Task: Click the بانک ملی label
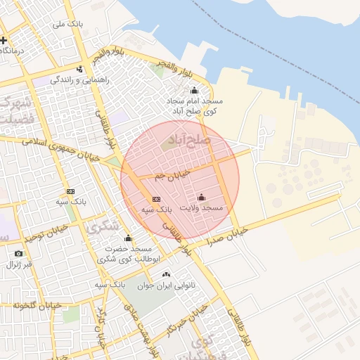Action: (x=69, y=24)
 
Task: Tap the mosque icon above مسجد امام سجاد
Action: (x=195, y=91)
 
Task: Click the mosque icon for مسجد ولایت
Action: (x=202, y=197)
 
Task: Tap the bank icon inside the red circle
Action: (x=156, y=199)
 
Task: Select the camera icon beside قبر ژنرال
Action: (x=18, y=253)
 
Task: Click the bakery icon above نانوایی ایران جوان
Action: (x=166, y=275)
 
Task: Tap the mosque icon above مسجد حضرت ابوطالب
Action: (x=127, y=238)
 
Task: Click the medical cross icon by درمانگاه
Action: (x=4, y=40)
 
